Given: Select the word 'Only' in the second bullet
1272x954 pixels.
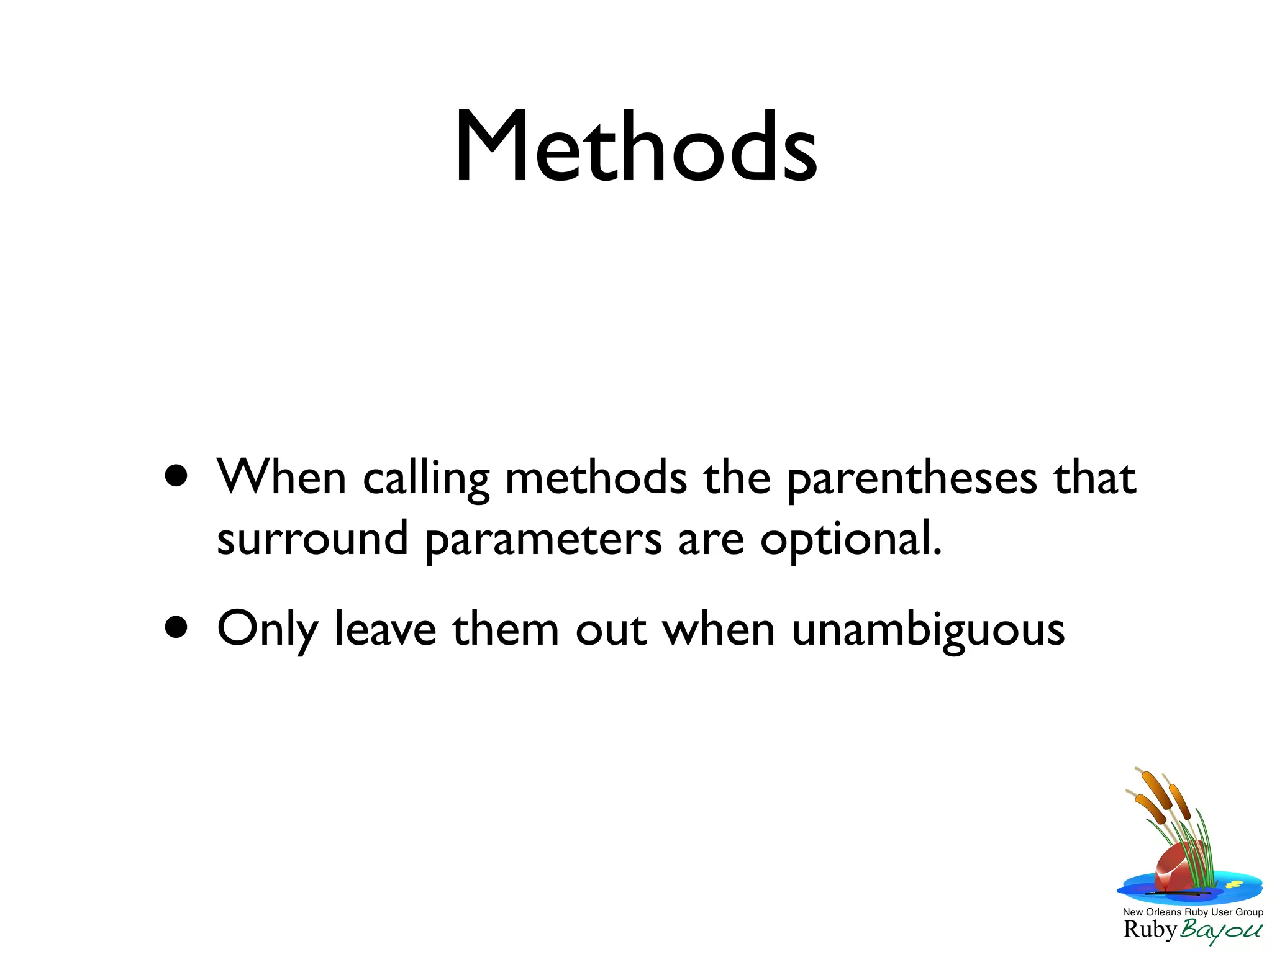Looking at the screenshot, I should [267, 630].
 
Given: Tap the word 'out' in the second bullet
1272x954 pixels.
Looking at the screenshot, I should [611, 630].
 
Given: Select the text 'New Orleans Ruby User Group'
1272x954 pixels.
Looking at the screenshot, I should [1192, 912].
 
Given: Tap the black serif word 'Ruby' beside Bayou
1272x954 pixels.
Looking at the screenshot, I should [1150, 930].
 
